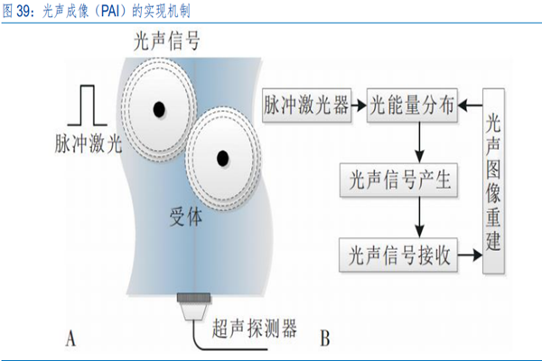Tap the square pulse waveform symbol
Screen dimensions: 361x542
pyautogui.click(x=89, y=104)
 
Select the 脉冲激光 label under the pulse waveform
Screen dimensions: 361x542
pyautogui.click(x=87, y=143)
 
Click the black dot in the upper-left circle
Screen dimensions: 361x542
pyautogui.click(x=159, y=109)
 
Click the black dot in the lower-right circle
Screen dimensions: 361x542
pyautogui.click(x=221, y=159)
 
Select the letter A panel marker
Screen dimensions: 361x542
pyautogui.click(x=70, y=338)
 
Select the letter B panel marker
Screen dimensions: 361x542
pyautogui.click(x=323, y=338)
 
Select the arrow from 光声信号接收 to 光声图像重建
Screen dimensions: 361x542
pyautogui.click(x=472, y=255)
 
